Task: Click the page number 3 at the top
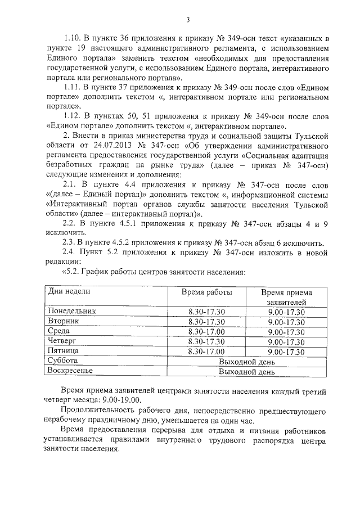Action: tap(188, 21)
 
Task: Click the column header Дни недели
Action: tap(69, 291)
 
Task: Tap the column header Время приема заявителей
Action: tap(286, 298)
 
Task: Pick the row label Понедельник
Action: tap(72, 311)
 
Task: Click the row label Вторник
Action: tap(64, 321)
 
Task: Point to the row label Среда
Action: tap(59, 331)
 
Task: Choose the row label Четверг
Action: tap(62, 341)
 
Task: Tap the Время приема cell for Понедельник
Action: tap(286, 312)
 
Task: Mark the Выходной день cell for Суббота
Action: tap(246, 361)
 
